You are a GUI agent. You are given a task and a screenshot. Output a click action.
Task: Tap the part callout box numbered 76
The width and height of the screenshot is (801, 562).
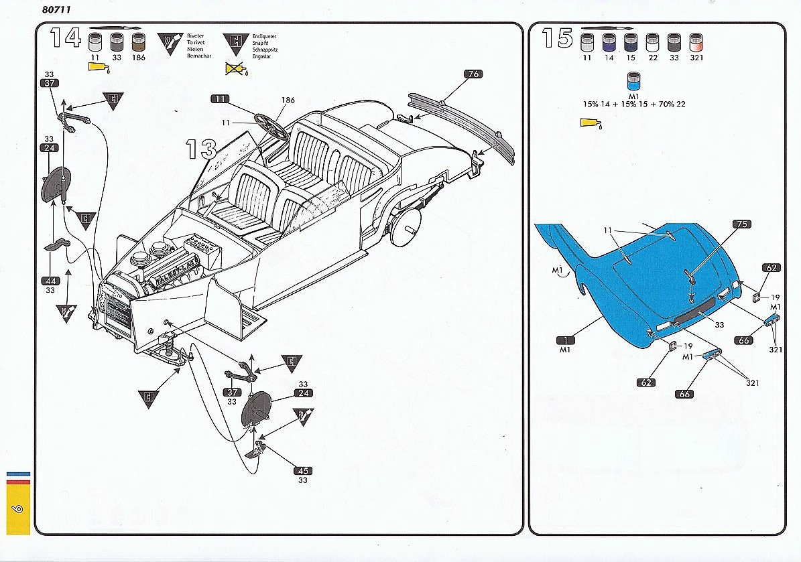click(x=473, y=74)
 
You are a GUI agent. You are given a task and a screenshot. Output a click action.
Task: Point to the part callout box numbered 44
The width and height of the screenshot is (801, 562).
click(x=50, y=281)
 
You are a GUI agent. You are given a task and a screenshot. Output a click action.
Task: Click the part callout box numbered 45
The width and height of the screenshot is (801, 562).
click(x=302, y=470)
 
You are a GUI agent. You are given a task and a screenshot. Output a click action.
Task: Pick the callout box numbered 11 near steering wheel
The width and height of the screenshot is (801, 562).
click(x=220, y=98)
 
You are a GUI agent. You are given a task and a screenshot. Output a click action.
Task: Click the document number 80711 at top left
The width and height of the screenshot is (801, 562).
click(x=57, y=9)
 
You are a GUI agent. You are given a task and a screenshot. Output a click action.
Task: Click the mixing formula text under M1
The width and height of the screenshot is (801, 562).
click(x=633, y=104)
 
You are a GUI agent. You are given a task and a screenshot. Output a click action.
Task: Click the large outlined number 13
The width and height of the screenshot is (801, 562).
click(x=200, y=149)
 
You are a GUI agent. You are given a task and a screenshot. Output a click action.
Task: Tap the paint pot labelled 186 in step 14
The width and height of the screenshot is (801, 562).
click(x=139, y=44)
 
